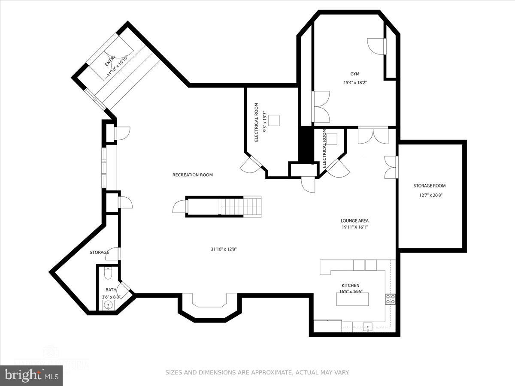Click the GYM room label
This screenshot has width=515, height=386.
tap(354, 74)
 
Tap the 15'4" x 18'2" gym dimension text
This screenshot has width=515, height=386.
tap(354, 83)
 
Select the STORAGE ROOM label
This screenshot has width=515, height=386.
tap(430, 186)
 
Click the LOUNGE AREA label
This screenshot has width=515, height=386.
tap(354, 221)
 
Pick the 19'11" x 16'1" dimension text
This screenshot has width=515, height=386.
tap(354, 227)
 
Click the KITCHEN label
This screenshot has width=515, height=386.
tap(350, 285)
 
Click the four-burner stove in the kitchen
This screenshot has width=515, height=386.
tap(390, 299)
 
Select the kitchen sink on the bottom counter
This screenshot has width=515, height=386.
tap(368, 328)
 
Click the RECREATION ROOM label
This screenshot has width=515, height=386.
tap(192, 175)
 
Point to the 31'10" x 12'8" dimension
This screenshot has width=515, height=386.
tap(223, 249)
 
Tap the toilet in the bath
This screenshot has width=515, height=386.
tap(108, 273)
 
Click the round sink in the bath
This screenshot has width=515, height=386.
tap(108, 305)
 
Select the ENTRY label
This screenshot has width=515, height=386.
tap(110, 61)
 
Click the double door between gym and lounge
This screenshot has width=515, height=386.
tap(373, 135)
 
